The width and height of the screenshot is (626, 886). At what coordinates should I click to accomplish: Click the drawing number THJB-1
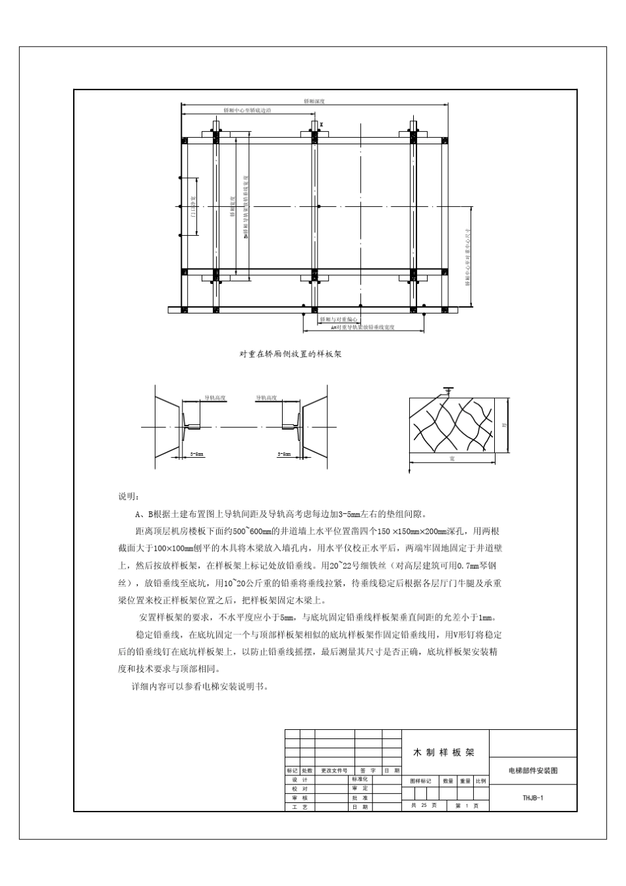pos(532,797)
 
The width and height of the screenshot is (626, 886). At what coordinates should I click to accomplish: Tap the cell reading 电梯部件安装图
pos(532,770)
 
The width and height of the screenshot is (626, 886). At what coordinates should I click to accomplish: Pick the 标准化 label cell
pos(360,779)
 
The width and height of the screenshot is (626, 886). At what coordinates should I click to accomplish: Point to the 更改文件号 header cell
pos(334,770)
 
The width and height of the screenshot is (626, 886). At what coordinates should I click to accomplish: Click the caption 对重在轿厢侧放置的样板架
pos(290,354)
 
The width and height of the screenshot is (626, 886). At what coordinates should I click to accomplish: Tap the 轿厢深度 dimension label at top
pos(314,101)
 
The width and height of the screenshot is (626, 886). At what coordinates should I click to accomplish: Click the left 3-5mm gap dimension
pos(196,454)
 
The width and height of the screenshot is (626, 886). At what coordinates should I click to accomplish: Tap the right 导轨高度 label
pos(266,398)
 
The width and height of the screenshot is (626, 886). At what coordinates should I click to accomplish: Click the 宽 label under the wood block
pos(452,458)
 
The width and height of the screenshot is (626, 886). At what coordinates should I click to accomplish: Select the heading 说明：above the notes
pos(127,496)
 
